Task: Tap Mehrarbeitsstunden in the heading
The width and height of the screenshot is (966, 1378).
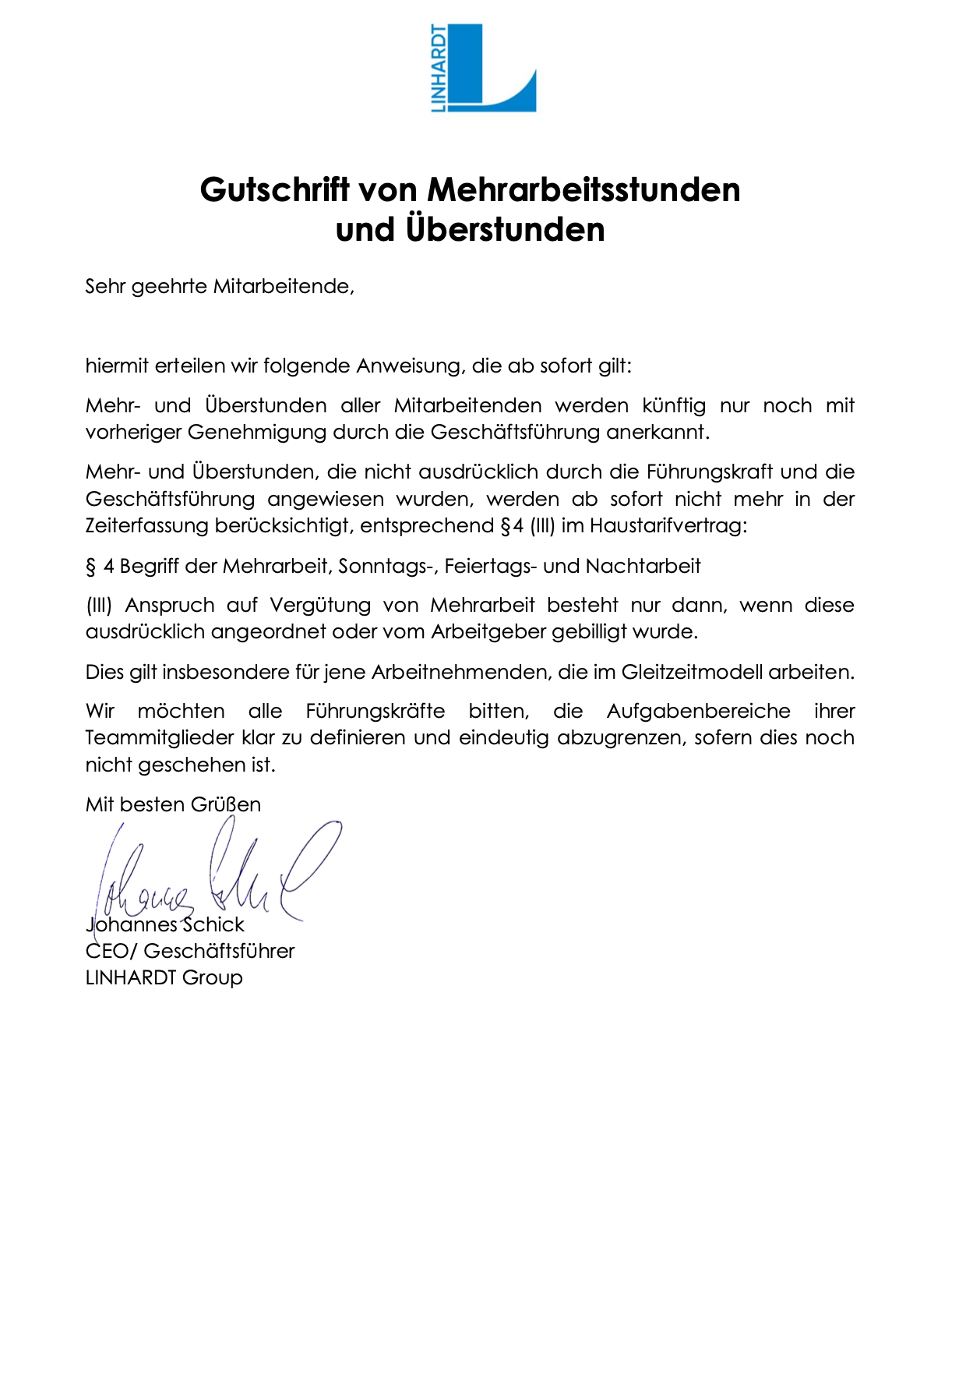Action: click(583, 190)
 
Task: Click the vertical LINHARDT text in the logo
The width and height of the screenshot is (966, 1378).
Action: click(439, 69)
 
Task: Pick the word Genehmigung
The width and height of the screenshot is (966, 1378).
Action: click(256, 433)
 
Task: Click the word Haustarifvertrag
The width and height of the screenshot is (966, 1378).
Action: click(668, 526)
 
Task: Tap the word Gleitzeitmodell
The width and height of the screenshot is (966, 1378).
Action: click(692, 673)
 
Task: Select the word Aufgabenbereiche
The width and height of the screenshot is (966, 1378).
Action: click(698, 712)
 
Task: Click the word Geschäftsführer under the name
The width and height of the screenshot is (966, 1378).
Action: click(220, 952)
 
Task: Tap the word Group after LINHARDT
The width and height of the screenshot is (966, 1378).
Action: click(213, 978)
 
